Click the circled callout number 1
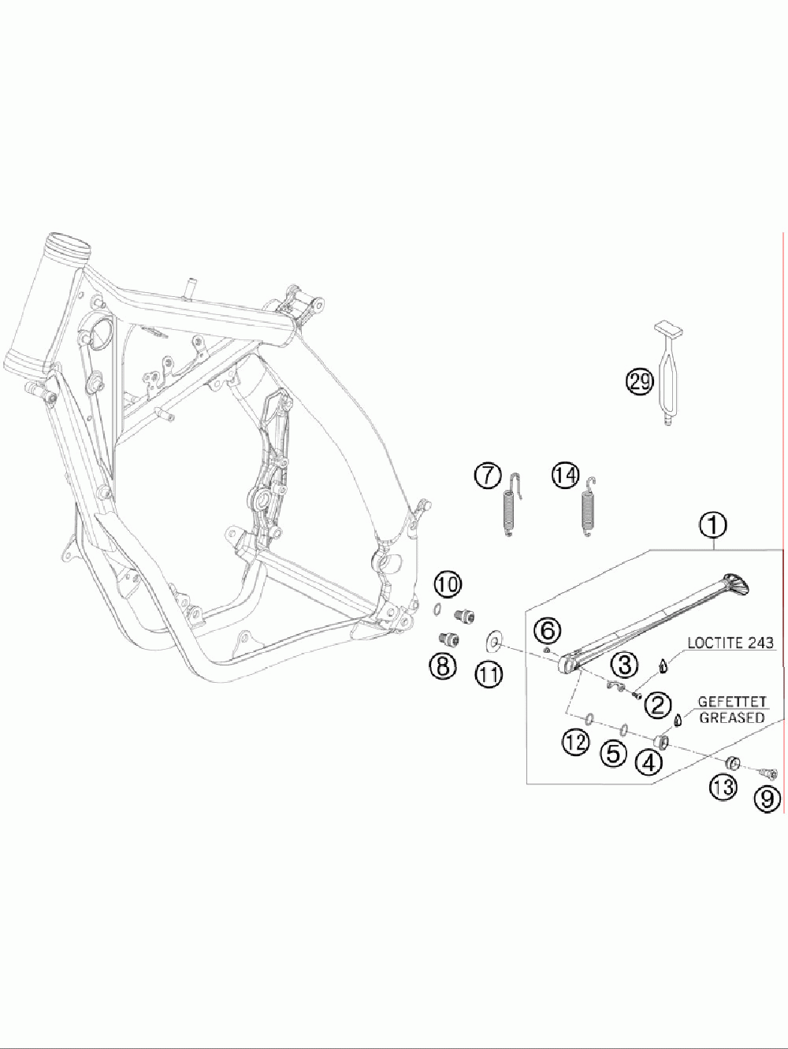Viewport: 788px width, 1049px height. (714, 523)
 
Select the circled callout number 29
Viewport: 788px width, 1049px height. (639, 382)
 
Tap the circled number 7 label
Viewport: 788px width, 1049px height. (488, 476)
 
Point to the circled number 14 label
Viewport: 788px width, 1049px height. (564, 476)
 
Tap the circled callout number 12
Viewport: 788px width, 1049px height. (575, 741)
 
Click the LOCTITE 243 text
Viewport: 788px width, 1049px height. (730, 643)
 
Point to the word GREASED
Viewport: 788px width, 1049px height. (732, 717)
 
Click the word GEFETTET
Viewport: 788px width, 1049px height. (732, 702)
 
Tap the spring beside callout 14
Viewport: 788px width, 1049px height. (587, 507)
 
